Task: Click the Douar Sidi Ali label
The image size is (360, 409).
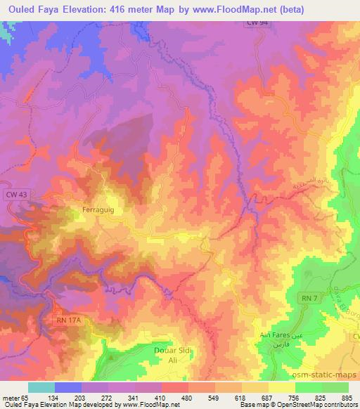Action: [x=172, y=353]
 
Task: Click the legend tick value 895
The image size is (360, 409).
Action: [x=347, y=398]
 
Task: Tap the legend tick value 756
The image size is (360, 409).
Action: [x=294, y=398]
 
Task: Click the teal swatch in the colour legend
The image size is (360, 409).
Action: [x=41, y=387]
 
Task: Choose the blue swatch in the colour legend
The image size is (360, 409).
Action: [x=68, y=387]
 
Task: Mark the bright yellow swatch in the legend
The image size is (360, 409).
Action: [x=282, y=387]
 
